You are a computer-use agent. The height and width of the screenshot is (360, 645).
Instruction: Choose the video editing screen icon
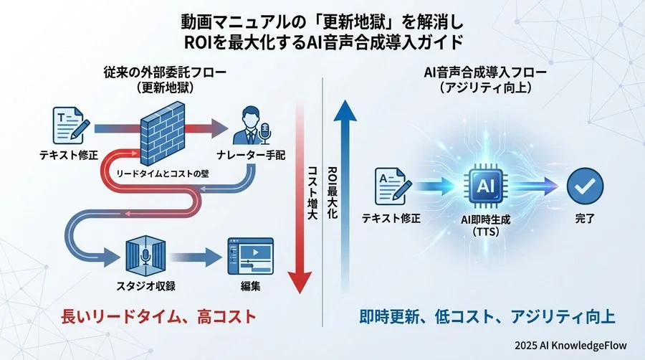246,256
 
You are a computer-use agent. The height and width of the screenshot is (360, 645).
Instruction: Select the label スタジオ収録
147,286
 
